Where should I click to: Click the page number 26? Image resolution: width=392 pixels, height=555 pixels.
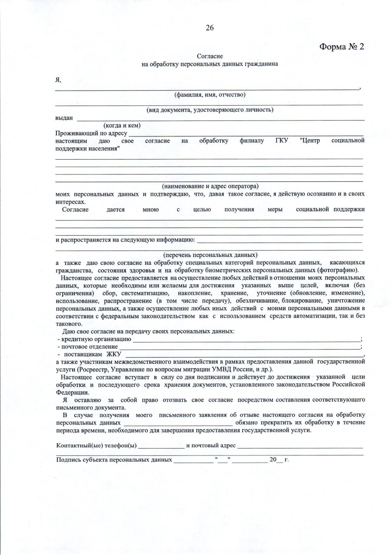point(210,28)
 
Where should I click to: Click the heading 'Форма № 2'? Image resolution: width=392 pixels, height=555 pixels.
point(341,47)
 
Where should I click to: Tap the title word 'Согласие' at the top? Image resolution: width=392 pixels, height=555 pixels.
point(210,56)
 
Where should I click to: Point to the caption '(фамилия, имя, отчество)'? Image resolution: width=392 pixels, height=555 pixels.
point(210,95)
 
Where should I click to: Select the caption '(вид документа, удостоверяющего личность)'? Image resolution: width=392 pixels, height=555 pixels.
point(210,110)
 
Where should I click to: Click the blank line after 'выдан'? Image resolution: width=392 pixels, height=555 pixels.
point(220,119)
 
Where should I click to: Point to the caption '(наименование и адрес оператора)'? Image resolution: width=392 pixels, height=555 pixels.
point(210,186)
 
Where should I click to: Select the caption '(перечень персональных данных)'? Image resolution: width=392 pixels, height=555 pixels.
point(210,255)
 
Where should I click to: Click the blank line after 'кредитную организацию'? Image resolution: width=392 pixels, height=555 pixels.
point(247,340)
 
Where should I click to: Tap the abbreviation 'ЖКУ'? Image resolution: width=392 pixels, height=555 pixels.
point(114,355)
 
